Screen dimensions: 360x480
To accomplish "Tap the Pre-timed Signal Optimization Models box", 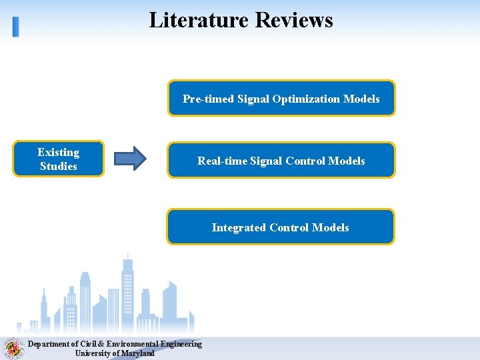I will coord(281,99).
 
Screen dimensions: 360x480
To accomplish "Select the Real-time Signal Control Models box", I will coord(281,161).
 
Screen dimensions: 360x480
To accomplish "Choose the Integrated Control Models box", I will coord(280,227).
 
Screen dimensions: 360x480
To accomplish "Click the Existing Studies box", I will coord(58,159).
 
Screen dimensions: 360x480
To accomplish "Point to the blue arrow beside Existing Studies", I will coord(129,158).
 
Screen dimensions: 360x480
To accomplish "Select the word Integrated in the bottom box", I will coord(239,227).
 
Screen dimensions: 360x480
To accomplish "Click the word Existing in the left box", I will coord(58,153).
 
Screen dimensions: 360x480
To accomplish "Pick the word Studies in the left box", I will coord(58,167).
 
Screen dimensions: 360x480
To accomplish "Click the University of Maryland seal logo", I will coord(11,348).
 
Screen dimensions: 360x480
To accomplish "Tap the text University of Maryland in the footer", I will coord(115,353).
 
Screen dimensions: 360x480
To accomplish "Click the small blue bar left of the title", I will coord(16,26).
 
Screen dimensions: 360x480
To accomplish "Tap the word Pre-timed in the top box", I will coord(209,99).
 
